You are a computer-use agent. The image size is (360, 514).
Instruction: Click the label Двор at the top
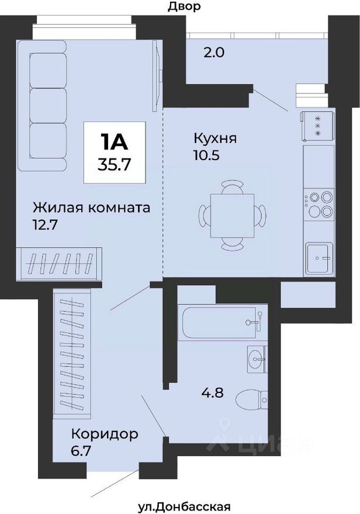tap(184, 7)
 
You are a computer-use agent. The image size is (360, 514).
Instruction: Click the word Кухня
tap(215, 139)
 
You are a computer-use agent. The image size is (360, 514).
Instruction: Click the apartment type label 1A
tap(115, 141)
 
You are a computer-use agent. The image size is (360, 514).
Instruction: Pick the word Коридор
tap(105, 434)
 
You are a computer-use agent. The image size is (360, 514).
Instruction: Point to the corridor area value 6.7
tap(82, 450)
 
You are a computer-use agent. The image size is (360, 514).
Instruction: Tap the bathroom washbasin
tap(257, 358)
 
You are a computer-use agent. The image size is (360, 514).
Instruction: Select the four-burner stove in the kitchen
tap(319, 204)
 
